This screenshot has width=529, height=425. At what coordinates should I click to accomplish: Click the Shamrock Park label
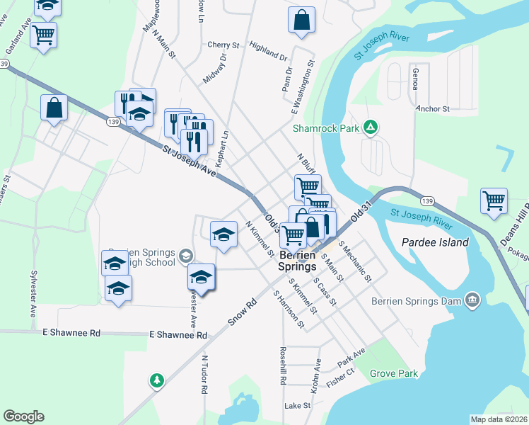point(326,128)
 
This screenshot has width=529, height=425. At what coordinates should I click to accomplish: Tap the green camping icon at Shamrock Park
point(370,128)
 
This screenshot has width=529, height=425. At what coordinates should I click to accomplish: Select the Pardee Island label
point(435,242)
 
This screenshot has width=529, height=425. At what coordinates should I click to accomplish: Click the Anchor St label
point(433,109)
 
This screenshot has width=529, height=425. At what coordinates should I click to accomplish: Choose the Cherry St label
point(224,45)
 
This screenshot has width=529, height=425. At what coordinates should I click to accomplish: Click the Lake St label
point(297,406)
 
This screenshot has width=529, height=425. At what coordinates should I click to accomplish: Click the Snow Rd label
point(242,312)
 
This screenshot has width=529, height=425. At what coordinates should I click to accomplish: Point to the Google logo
point(23,416)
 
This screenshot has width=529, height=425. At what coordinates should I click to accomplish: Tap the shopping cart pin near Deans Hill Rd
point(494,200)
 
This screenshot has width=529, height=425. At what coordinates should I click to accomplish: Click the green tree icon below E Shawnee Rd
point(156,380)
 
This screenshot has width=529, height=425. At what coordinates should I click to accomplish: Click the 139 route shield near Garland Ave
point(5,64)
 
